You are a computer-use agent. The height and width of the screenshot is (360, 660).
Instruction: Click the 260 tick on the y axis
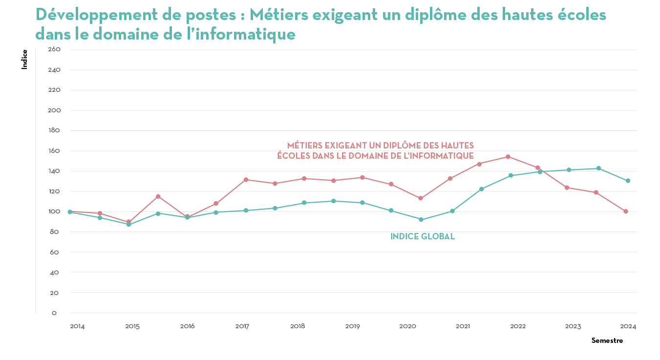pos(54,49)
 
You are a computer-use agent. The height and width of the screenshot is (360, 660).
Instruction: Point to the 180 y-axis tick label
pos(54,130)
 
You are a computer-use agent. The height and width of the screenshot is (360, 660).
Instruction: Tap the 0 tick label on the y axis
pos(54,313)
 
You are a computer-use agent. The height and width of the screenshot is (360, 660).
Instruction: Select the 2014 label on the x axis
pos(77,326)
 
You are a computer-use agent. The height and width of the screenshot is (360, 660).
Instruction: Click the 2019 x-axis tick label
pos(353,326)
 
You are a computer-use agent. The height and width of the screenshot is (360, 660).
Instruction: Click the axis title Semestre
pos(607,340)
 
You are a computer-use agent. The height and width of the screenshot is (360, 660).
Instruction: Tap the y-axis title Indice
pos(24,59)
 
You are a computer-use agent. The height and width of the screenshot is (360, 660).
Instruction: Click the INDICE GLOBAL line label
pos(423,237)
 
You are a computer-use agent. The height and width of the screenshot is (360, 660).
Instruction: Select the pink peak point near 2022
pos(508,157)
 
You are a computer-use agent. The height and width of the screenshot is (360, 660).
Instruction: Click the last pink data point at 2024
pos(626,212)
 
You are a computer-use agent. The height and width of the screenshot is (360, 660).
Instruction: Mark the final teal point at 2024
pos(628,181)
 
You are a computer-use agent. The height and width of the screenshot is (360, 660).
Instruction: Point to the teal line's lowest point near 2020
pos(421,220)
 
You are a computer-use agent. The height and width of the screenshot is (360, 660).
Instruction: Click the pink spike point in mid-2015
pos(158,196)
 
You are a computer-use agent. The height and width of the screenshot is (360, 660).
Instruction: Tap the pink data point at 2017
pos(246,180)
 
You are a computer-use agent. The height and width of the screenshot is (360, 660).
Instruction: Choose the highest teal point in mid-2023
pos(598,169)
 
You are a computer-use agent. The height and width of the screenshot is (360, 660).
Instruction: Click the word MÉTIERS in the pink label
pos(305,146)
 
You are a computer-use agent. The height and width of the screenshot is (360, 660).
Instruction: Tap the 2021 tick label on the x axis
pos(463,326)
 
